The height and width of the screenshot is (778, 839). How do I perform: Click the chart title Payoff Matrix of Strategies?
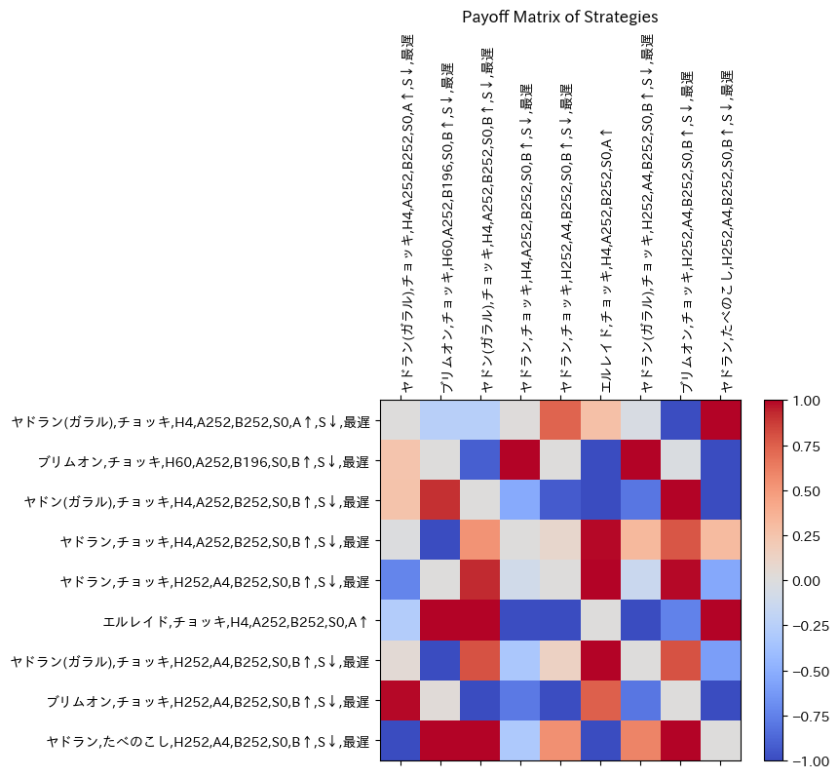click(x=559, y=17)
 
